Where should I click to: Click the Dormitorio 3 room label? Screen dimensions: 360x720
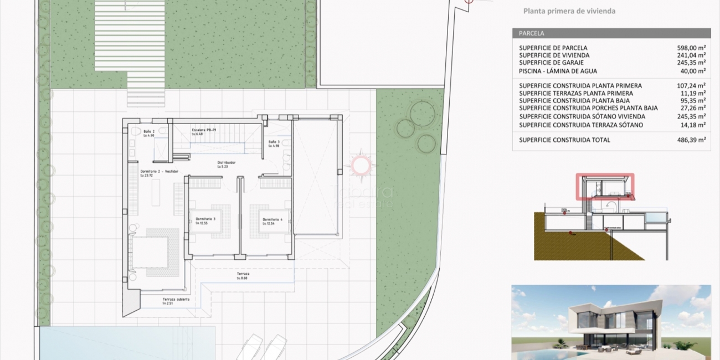205,219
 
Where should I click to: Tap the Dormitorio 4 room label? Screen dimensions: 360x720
272,219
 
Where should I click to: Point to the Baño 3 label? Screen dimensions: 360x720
274,142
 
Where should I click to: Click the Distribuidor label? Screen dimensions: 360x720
226,163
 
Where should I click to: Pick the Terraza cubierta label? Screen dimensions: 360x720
176,299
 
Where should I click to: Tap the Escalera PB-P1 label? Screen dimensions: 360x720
205,130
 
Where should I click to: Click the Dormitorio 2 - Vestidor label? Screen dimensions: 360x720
159,172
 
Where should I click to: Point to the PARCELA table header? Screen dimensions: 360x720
532,33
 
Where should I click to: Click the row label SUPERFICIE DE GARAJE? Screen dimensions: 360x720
550,63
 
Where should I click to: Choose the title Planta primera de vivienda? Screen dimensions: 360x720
569,11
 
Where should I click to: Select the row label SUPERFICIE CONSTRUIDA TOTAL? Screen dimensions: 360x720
564,140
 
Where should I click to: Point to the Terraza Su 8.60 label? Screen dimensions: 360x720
243,275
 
